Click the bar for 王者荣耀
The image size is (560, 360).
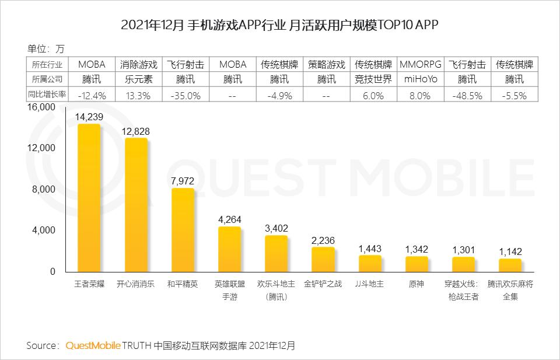(89, 198)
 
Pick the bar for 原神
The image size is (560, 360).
(416, 264)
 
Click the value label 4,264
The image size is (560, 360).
(229, 219)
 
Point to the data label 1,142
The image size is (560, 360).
(510, 251)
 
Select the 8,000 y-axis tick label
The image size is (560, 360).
(43, 190)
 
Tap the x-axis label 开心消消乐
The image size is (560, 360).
(136, 284)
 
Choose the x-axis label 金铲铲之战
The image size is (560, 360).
(323, 284)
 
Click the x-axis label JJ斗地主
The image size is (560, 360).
(369, 284)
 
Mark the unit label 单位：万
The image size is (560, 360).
(46, 48)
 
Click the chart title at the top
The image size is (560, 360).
(279, 25)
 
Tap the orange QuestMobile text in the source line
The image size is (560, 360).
(93, 345)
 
